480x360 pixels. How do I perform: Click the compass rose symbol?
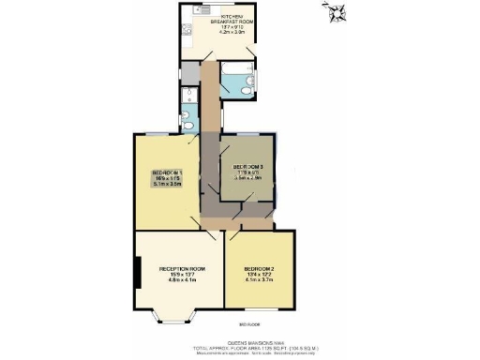pos(337,12)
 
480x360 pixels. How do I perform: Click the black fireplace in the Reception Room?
pos(138,275)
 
